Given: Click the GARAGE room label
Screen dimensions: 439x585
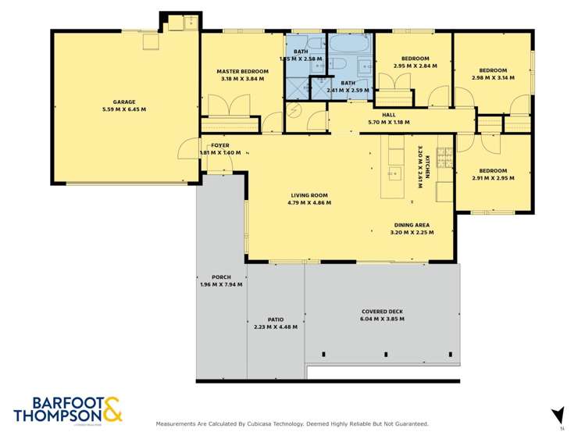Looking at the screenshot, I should click(x=124, y=102).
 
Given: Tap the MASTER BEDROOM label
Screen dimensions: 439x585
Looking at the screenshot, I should click(x=243, y=71).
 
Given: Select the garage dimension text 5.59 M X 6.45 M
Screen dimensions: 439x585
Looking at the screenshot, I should click(x=124, y=109).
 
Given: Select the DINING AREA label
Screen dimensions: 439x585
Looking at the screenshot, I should click(x=410, y=226).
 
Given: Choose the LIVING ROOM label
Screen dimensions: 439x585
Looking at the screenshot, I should click(x=309, y=195).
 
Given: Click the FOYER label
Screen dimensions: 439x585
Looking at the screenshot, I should click(x=220, y=145).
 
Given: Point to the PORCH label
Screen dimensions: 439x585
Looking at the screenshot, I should click(x=221, y=277).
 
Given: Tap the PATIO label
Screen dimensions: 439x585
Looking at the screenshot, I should click(x=275, y=319).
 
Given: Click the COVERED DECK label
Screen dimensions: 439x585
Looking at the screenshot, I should click(x=381, y=311).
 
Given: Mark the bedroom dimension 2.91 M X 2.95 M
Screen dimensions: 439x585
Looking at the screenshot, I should click(x=494, y=178).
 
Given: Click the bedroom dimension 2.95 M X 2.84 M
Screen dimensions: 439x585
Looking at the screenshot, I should click(x=415, y=66).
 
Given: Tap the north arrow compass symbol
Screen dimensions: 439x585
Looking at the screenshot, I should click(x=558, y=414).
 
